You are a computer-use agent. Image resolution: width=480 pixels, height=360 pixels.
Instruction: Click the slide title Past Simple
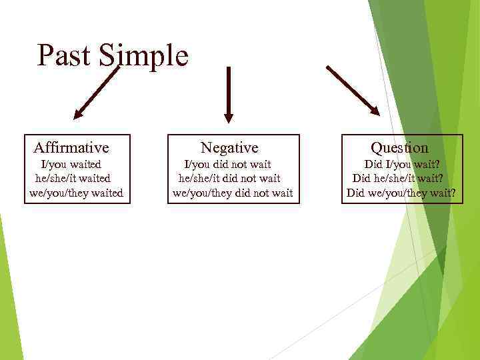coord(113,56)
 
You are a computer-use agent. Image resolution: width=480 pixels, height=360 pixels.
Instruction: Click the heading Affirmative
coord(71,147)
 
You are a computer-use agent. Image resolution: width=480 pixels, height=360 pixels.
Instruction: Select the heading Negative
coord(229,147)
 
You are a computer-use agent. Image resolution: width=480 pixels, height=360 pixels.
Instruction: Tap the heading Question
coord(399,147)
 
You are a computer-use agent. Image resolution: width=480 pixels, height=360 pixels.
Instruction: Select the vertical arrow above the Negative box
coord(229,94)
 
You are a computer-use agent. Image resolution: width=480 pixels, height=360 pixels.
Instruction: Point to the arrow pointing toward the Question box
coord(352,90)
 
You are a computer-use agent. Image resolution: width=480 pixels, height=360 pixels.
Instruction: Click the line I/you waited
coord(71,164)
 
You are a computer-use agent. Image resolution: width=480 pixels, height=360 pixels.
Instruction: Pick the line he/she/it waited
coord(73,179)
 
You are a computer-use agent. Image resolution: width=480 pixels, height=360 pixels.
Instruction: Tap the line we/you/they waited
coord(76,193)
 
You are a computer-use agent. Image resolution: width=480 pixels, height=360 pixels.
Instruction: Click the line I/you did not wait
coord(227,164)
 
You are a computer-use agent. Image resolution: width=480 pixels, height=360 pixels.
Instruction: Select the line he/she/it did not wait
coord(229,179)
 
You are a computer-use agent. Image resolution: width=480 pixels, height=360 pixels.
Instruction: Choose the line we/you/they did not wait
coord(232,193)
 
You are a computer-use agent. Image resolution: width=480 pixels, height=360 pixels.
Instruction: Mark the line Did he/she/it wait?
coord(401,179)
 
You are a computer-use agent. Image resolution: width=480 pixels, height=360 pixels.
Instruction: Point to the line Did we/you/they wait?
coord(401,193)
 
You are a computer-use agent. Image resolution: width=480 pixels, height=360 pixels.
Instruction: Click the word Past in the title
coord(65,56)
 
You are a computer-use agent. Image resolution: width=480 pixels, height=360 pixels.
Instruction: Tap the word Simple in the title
coord(144,56)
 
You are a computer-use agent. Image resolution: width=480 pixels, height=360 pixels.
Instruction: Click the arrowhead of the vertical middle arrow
coord(229,117)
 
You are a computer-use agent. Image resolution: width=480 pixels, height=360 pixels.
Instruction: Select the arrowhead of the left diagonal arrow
coord(79,113)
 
